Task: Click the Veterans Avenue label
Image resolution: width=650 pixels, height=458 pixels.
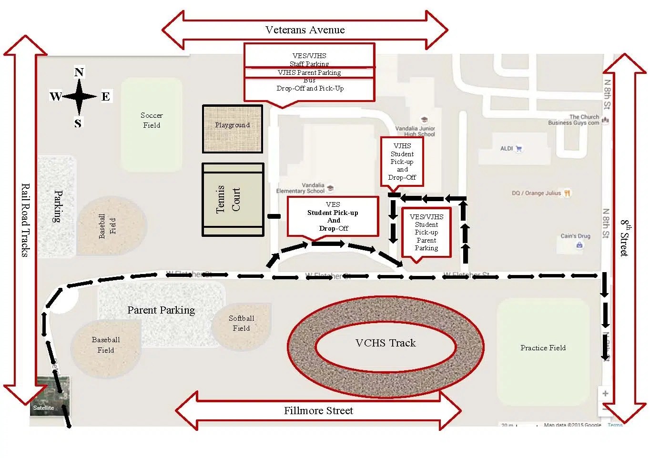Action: (305, 30)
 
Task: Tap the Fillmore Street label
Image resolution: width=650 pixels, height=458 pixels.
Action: (318, 410)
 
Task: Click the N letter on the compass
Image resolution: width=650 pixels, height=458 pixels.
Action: (79, 72)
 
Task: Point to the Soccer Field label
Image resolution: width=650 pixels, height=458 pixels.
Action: (152, 120)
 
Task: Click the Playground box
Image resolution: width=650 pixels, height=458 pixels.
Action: (233, 129)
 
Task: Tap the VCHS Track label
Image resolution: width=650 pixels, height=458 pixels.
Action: (386, 343)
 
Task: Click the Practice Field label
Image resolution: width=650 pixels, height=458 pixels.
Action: (543, 348)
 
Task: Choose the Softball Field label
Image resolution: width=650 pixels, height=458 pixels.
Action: (241, 323)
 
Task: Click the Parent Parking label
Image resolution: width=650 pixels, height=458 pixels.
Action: (161, 310)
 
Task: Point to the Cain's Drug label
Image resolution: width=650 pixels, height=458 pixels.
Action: (575, 236)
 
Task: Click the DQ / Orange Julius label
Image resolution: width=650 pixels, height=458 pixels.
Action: (537, 193)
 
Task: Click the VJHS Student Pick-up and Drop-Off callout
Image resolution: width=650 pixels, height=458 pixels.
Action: (402, 162)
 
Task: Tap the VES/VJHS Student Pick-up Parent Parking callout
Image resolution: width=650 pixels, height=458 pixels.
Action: (426, 233)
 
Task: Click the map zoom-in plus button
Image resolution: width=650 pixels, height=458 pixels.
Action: (605, 393)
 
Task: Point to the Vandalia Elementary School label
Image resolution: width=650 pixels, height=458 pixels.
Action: (302, 188)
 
